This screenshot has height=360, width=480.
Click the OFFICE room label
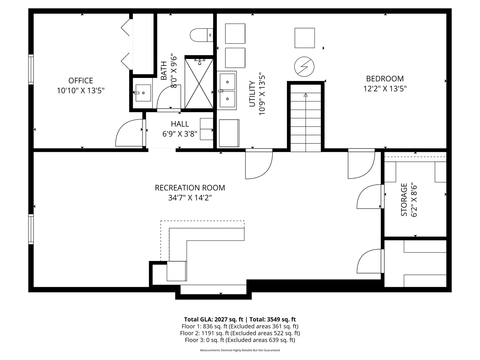(x=81, y=81)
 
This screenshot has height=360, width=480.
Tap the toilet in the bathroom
(x=201, y=35)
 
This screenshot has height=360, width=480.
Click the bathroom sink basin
(x=143, y=93)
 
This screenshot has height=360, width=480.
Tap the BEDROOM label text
(x=385, y=79)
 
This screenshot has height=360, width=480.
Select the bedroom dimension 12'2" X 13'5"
(x=385, y=89)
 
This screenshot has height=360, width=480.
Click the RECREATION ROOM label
(x=190, y=188)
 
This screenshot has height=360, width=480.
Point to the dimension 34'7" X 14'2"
(x=190, y=198)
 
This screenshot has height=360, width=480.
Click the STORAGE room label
(x=404, y=200)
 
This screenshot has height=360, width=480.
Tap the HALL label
(x=180, y=124)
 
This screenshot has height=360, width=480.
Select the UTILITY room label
(x=252, y=94)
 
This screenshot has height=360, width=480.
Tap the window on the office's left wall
(x=31, y=69)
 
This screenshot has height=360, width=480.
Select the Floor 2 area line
(x=240, y=333)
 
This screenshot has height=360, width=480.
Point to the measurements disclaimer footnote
(x=240, y=350)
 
